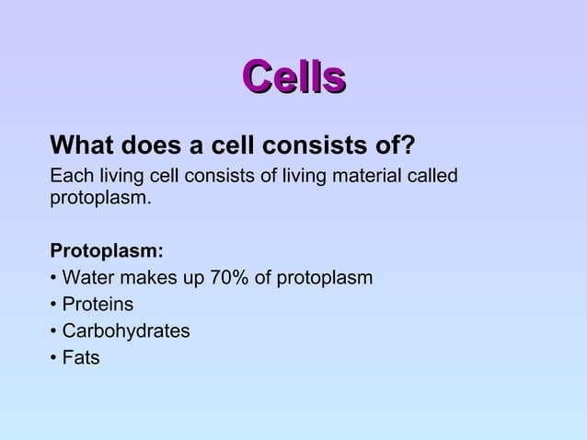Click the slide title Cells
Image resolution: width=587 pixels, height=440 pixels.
coord(293,77)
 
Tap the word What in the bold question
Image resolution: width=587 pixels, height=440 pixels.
coord(81,146)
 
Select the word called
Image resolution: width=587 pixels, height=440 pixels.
coord(432,176)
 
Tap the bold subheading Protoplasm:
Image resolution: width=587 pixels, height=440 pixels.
coord(107,251)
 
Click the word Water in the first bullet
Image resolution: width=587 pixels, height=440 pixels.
coord(88,278)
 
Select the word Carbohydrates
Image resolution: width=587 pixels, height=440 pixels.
coord(126,331)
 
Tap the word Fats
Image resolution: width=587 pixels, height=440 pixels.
coord(81,358)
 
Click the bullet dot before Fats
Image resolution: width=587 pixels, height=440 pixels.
coord(54,358)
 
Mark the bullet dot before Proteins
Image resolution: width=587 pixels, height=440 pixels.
coord(54,305)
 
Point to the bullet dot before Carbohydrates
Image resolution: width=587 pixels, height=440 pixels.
coord(54,331)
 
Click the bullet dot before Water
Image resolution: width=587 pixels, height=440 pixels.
coord(54,278)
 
